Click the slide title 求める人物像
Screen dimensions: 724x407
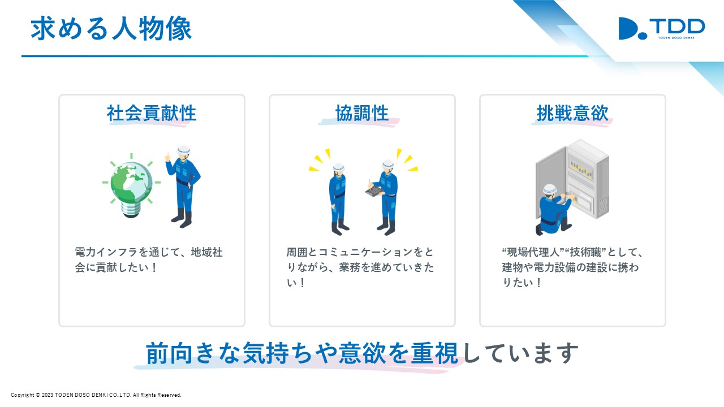(111, 29)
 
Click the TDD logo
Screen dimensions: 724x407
(661, 28)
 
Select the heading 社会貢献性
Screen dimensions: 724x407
(152, 113)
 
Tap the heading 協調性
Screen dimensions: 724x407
(362, 113)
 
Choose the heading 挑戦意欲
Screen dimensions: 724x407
(572, 113)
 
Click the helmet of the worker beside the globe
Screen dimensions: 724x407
(184, 150)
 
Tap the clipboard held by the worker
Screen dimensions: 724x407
(374, 190)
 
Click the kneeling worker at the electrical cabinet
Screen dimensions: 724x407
(553, 209)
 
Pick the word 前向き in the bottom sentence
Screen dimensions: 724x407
(180, 353)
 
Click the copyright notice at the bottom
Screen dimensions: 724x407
(96, 395)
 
